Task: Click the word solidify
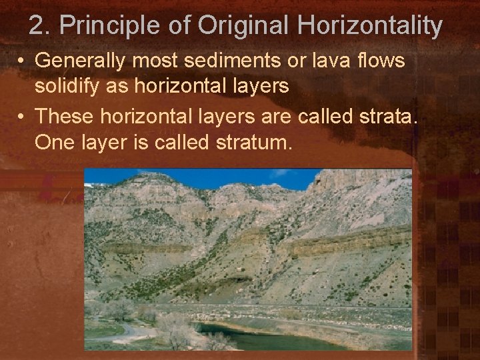tap(63, 87)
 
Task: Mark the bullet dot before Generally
tap(22, 61)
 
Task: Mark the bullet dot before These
tap(22, 117)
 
